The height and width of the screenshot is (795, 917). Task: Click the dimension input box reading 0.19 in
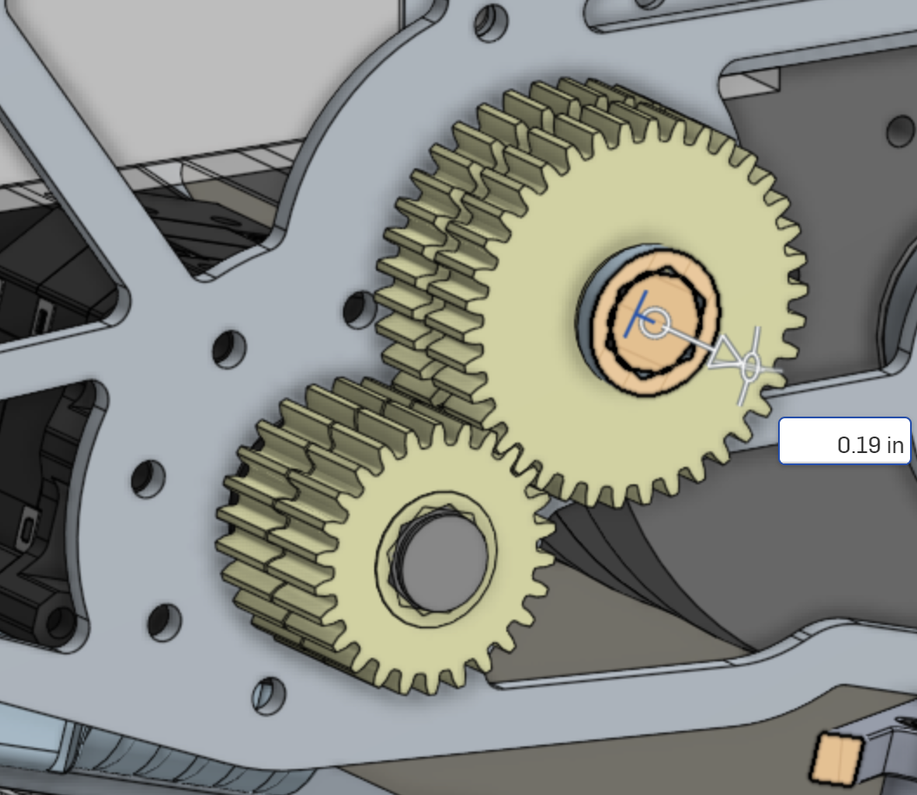coord(844,441)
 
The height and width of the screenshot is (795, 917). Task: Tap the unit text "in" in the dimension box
coord(895,445)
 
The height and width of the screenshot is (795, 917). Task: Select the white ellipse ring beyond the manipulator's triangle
coord(750,366)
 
